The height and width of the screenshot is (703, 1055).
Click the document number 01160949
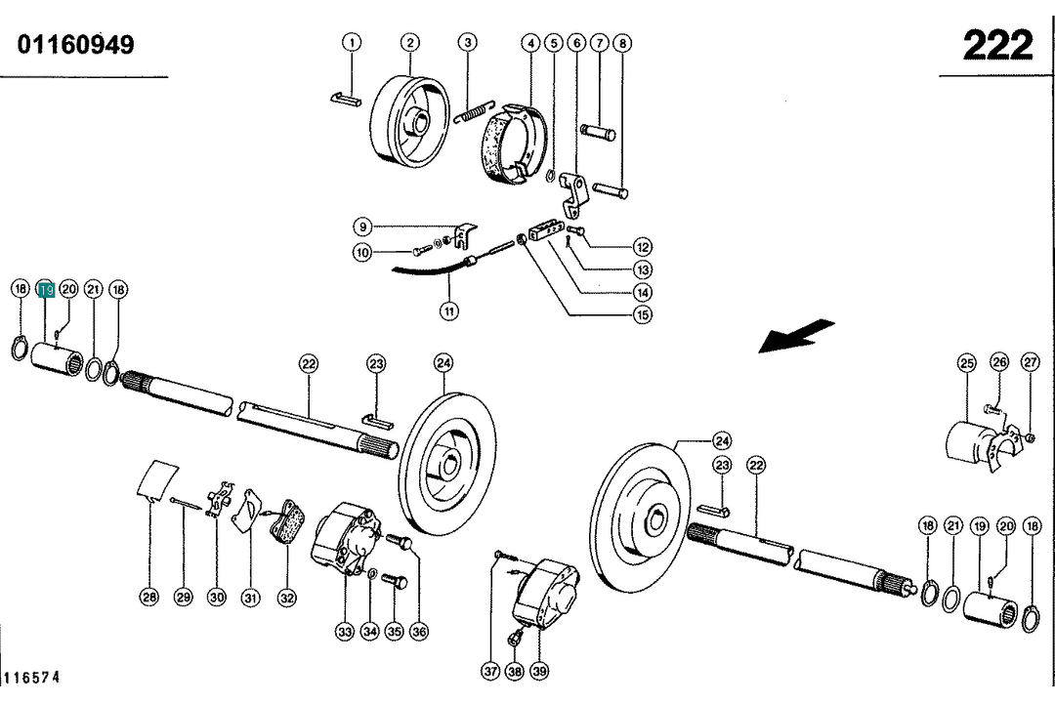[75, 45]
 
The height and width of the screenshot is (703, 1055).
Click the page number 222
[996, 45]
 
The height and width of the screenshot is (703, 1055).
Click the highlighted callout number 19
[45, 289]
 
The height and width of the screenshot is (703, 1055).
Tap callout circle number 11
[448, 312]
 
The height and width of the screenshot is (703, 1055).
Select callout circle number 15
[642, 314]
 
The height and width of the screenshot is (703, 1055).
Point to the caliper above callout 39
[546, 592]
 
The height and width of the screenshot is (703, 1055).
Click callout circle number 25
[966, 363]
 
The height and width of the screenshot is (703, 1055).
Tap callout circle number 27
[1032, 363]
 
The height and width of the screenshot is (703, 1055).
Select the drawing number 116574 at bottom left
[32, 677]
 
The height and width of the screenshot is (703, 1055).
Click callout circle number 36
[419, 631]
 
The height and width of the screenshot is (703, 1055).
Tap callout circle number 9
[362, 227]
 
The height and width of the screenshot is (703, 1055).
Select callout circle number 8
[622, 43]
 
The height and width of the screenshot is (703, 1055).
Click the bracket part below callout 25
[977, 444]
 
